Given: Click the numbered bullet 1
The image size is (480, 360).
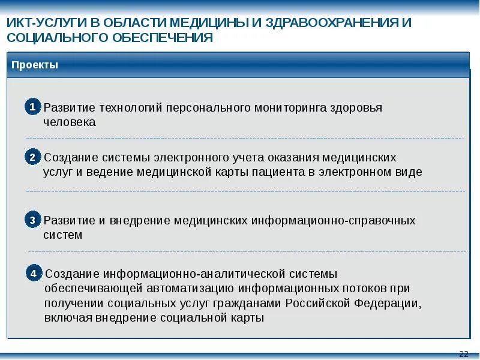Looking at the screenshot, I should click(32, 107).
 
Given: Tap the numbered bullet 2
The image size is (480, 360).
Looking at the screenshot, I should click(32, 157).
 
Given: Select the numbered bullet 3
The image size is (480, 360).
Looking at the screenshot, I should click(32, 220).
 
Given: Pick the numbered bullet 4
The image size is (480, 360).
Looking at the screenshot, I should click(34, 273).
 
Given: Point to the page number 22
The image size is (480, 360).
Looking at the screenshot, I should click(463, 353).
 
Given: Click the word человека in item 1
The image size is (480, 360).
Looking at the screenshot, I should click(70, 122).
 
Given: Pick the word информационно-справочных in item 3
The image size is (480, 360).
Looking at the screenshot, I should click(334, 220).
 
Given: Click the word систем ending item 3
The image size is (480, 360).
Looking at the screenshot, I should click(62, 235).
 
